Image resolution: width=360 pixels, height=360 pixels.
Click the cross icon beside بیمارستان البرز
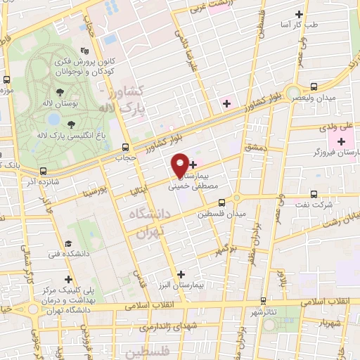[x=181, y=275]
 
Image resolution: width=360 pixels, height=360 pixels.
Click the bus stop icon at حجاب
[x=126, y=148]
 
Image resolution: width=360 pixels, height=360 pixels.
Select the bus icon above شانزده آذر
[x=44, y=171]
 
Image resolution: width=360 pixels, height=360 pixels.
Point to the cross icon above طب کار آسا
[x=300, y=14]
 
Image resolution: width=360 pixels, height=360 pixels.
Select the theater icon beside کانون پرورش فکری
[x=85, y=51]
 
